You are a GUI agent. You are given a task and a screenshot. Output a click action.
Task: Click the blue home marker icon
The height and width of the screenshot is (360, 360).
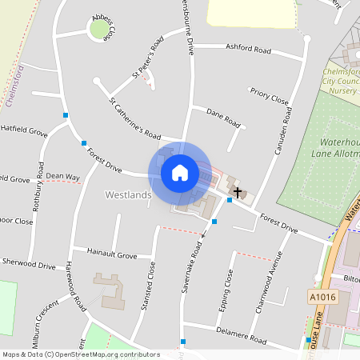click(180, 172)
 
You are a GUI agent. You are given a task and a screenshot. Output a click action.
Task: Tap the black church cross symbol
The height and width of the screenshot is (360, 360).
click(237, 192)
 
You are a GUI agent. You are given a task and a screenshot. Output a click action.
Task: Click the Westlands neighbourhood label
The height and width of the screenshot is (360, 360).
click(128, 194)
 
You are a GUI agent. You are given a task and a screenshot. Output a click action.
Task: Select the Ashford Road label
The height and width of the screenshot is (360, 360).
click(249, 49)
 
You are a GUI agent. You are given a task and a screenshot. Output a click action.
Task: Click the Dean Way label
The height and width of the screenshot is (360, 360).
click(63, 176)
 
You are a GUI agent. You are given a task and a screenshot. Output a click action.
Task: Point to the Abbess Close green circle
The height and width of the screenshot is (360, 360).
click(98, 30)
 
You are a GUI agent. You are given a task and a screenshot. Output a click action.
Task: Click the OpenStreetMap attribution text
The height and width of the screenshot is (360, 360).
click(80, 354)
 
